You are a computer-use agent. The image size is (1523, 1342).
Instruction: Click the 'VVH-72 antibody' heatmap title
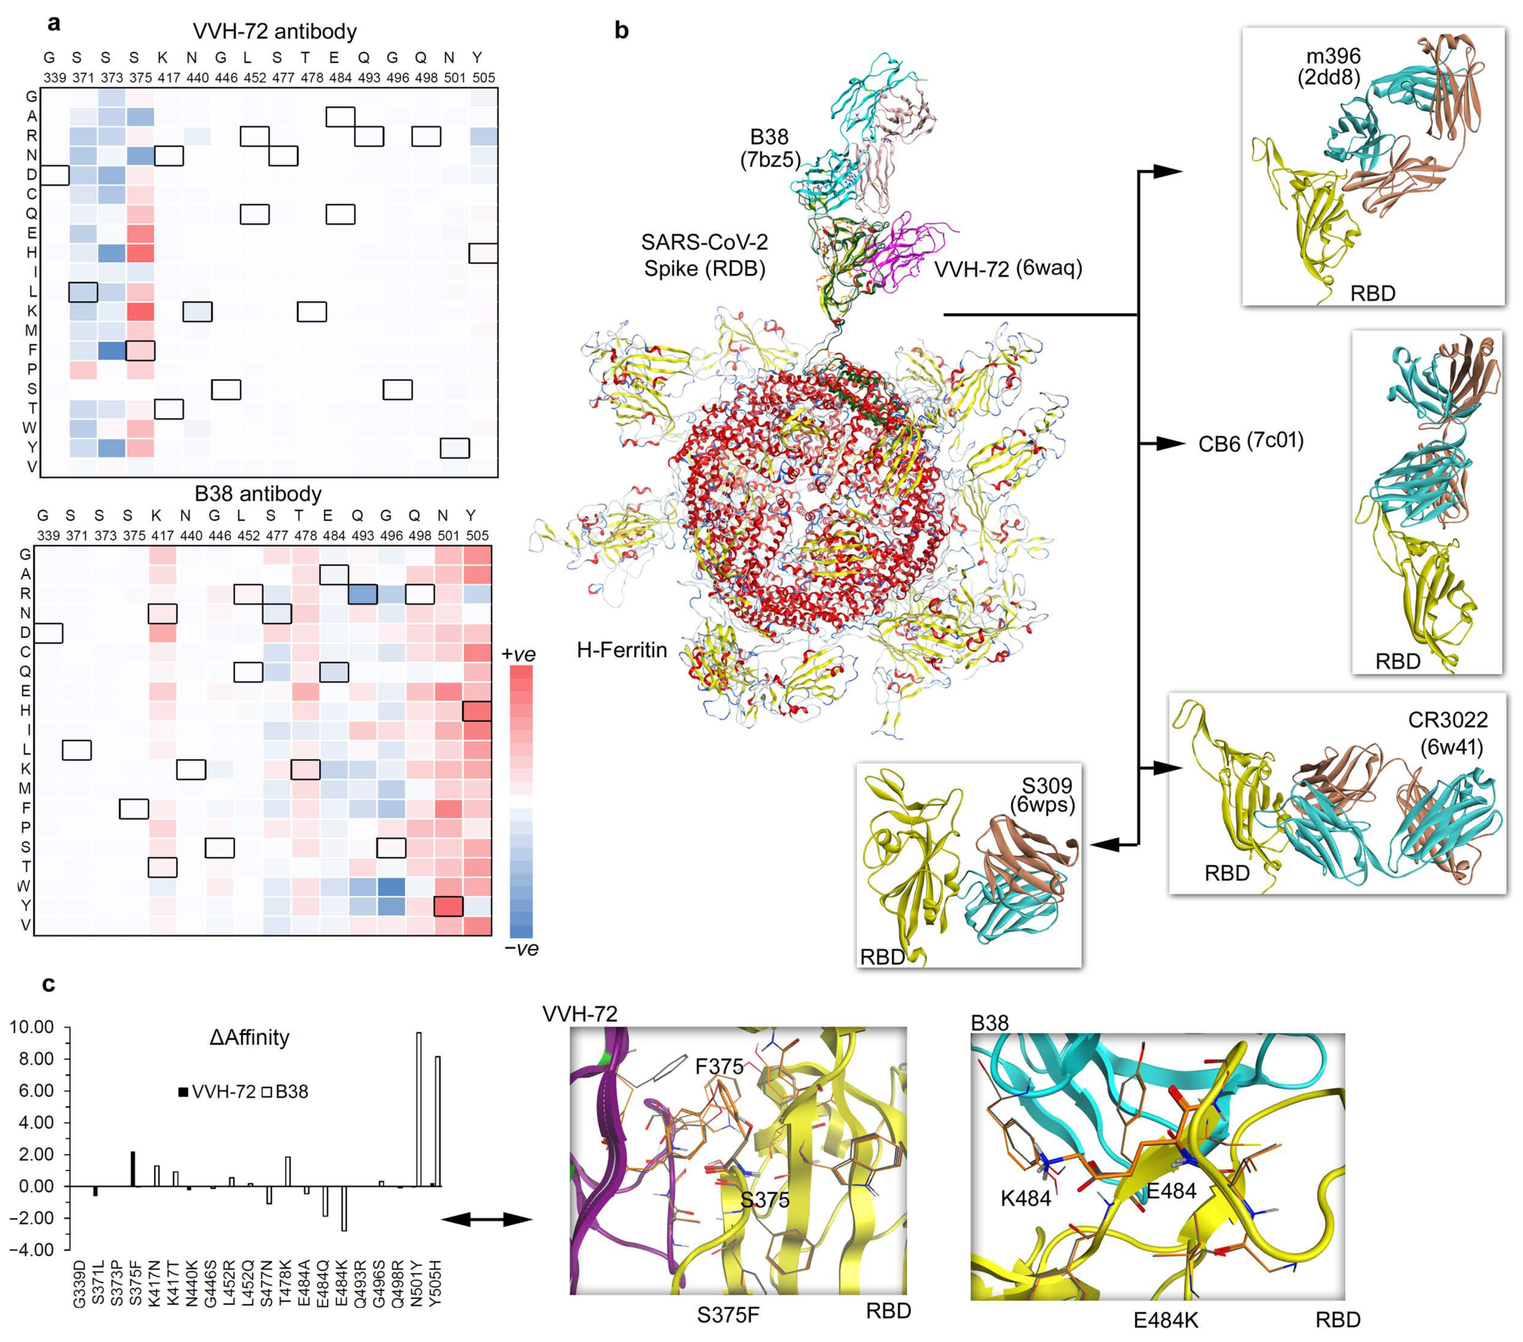[x=274, y=31]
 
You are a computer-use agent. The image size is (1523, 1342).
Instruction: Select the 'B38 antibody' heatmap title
[x=258, y=494]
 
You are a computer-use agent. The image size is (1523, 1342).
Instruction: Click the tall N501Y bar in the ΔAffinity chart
[x=419, y=1109]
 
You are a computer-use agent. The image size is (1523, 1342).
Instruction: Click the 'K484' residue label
[x=1025, y=1198]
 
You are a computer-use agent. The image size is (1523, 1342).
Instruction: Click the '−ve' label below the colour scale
[x=521, y=949]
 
